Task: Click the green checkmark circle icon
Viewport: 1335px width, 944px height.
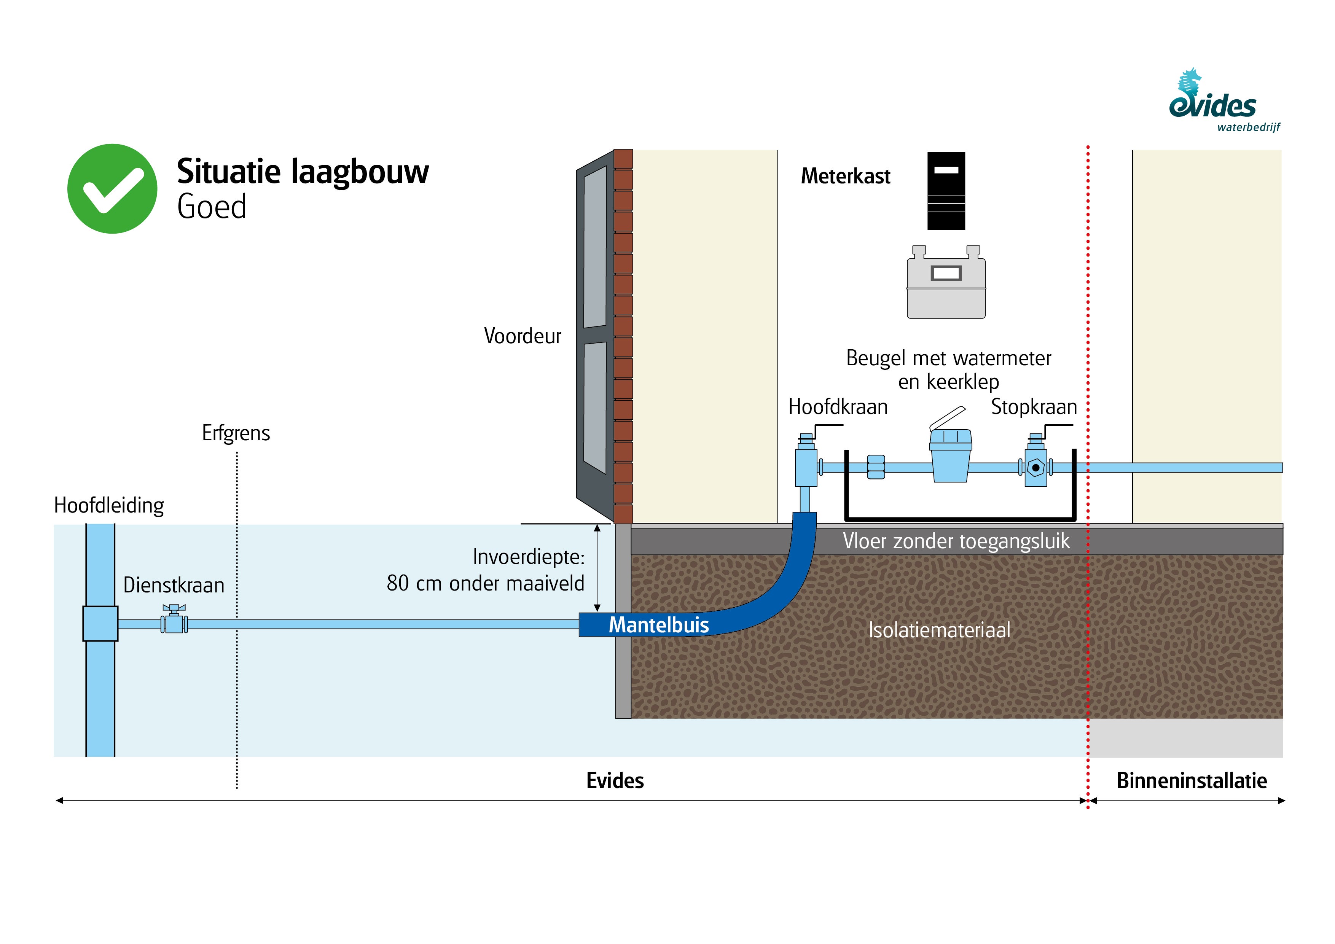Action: coord(112,189)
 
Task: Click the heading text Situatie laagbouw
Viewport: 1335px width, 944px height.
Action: coord(302,172)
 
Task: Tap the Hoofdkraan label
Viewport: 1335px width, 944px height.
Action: coord(837,407)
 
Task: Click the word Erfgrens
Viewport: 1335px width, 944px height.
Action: coord(236,433)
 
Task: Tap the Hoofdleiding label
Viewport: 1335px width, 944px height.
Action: coord(109,505)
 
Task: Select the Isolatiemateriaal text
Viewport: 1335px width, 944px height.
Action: coord(939,630)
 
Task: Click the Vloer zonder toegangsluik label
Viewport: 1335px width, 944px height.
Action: coord(956,541)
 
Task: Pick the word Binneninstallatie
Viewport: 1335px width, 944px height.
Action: coord(1192,781)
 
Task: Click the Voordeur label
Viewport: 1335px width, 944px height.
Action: coord(522,336)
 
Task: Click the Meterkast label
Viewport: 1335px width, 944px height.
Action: coord(846,176)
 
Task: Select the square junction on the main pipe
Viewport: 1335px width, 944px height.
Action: coord(100,624)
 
